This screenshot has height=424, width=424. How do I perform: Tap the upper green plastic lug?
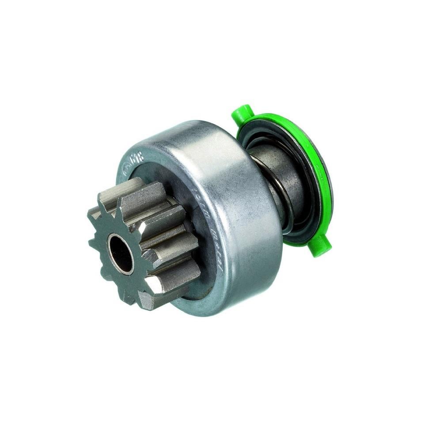(x=241, y=113)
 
